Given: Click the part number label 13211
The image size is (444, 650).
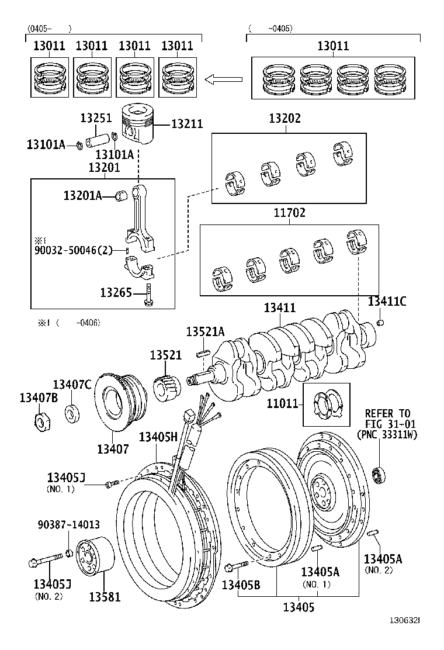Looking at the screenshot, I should (x=187, y=124).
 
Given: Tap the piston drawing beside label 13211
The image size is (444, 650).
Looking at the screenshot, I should (x=138, y=125).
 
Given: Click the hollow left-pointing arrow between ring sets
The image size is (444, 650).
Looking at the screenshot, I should (x=226, y=78).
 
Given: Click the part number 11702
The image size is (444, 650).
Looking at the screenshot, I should (x=289, y=213).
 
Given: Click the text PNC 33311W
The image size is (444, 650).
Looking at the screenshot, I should (x=387, y=435).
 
